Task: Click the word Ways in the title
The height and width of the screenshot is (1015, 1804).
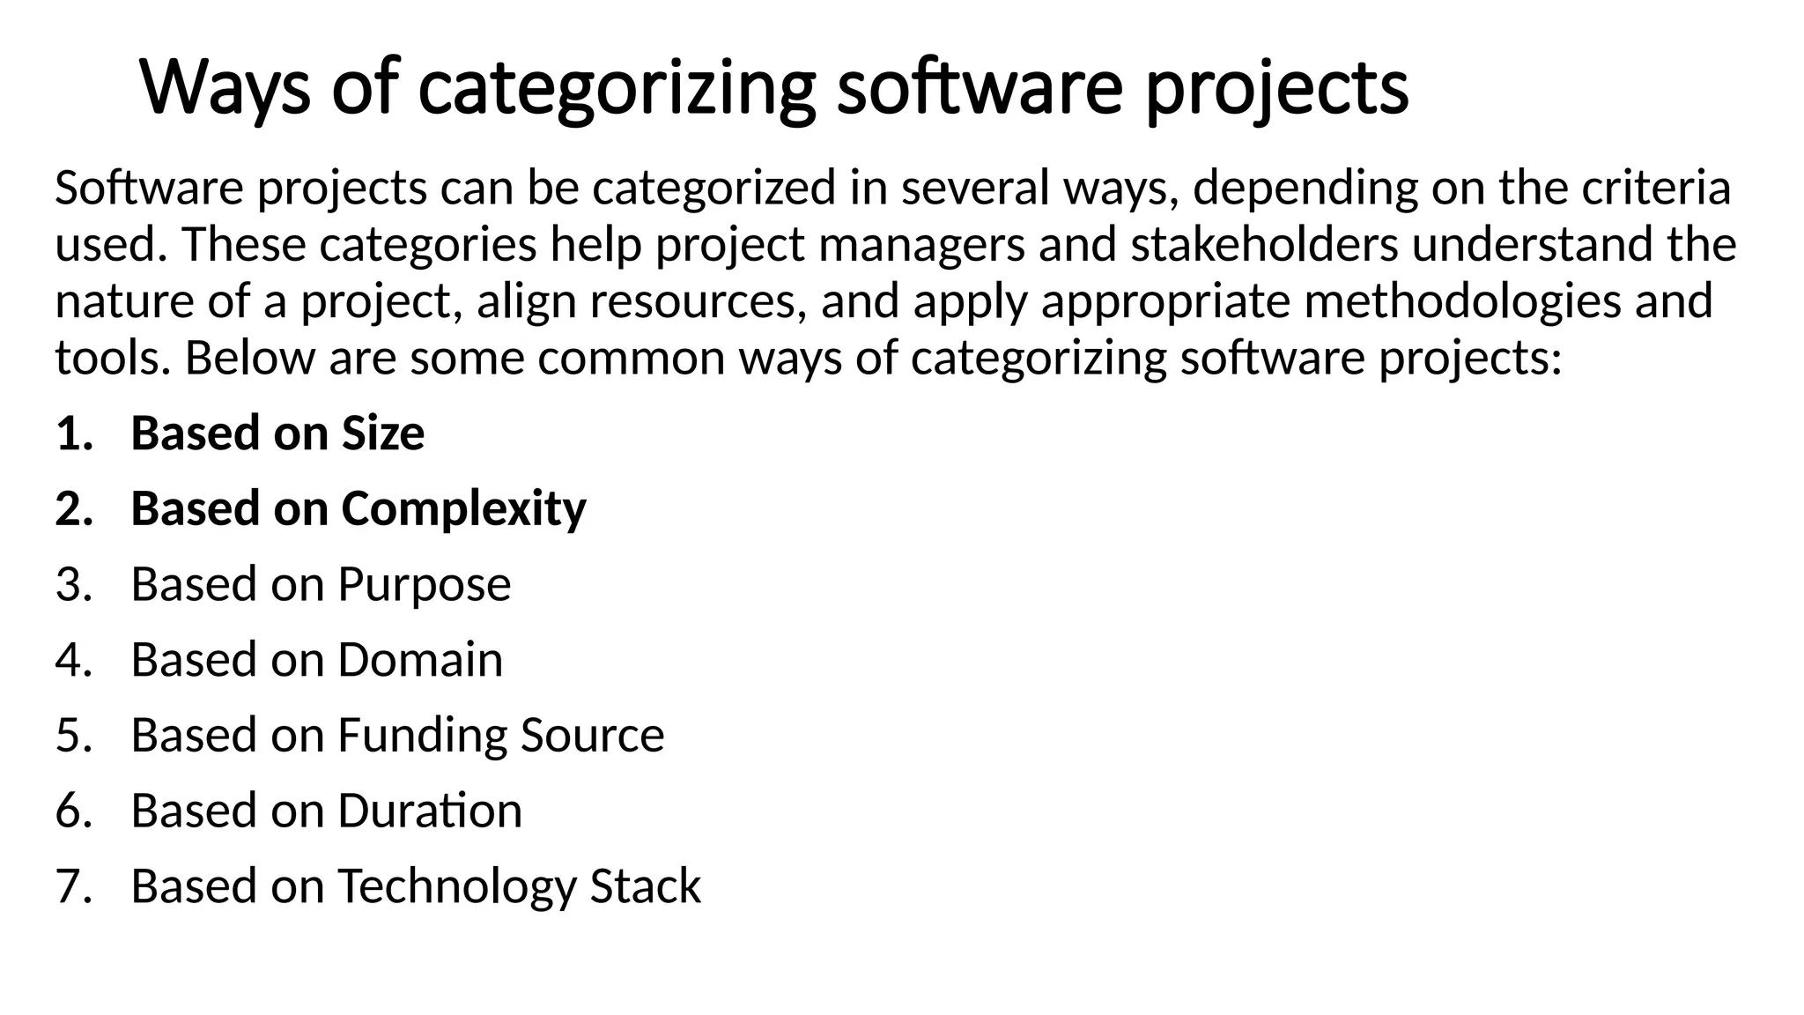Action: coord(225,88)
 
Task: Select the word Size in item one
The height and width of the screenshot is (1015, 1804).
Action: coord(382,433)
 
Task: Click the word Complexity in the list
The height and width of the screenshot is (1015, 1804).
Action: coord(463,509)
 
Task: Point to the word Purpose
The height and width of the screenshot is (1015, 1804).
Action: coord(424,585)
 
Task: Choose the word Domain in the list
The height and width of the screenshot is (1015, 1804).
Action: coord(420,660)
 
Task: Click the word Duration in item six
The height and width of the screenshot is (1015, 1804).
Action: coord(430,811)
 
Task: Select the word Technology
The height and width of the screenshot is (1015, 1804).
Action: coord(456,886)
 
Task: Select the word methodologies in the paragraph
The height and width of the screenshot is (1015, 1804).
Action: coord(1462,301)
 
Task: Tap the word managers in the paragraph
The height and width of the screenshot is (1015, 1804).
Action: coord(921,245)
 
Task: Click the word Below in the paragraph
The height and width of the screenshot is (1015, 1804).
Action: coord(249,358)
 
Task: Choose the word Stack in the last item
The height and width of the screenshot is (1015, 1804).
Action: coord(645,886)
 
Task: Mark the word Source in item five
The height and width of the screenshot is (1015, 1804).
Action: coord(592,736)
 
